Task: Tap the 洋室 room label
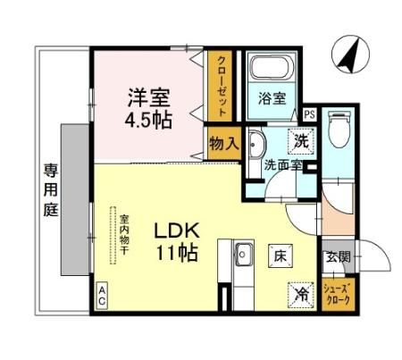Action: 147,96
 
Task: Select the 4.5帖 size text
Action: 148,121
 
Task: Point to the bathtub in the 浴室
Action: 271,70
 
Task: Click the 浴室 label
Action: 272,99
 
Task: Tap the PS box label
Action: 309,113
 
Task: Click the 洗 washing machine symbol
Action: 302,139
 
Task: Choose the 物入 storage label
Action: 222,142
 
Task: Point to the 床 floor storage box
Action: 277,255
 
